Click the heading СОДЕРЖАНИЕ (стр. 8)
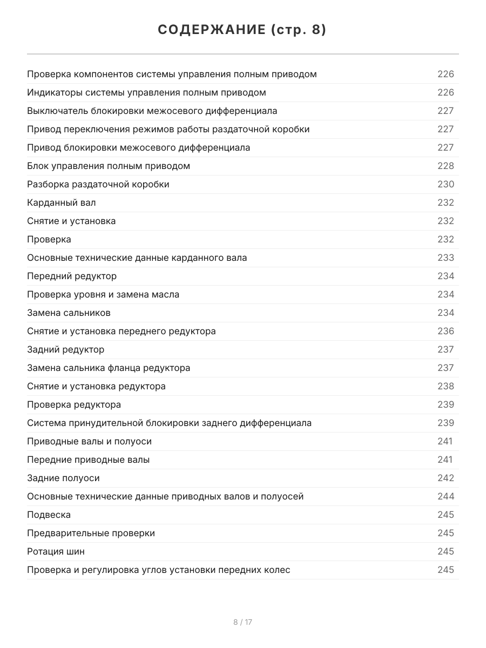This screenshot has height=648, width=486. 242,30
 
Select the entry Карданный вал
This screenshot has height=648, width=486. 62,202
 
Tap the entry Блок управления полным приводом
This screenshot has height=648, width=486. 109,166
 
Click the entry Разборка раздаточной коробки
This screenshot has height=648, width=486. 98,184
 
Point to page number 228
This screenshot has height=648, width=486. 446,166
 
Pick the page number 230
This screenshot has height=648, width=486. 446,184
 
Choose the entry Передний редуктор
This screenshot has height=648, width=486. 72,276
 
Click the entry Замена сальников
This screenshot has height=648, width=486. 69,313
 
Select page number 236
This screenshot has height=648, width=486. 446,331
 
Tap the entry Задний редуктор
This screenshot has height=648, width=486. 66,349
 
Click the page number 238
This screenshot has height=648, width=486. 446,386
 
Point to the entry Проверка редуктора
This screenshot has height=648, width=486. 74,404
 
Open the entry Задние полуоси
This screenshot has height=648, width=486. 63,478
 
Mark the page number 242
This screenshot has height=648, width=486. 446,478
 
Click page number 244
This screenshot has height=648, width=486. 446,496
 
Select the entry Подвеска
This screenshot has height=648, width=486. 49,515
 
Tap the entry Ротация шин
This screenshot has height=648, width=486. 56,551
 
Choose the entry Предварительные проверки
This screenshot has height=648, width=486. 91,533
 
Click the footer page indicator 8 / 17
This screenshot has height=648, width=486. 242,622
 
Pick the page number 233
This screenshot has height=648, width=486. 446,258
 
